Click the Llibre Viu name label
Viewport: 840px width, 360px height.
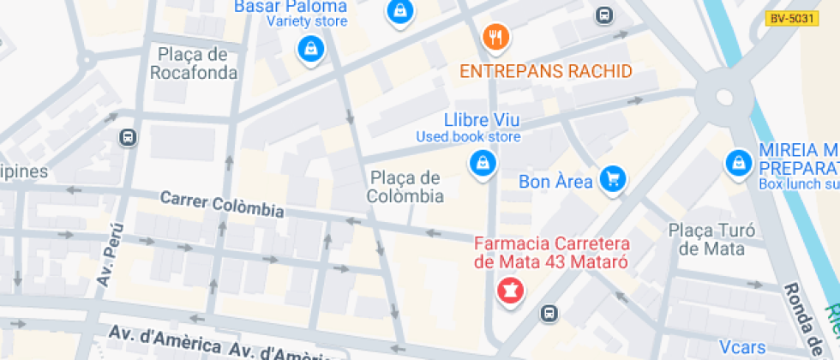tap(483, 119)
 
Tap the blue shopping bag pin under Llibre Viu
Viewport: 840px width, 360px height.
tap(483, 163)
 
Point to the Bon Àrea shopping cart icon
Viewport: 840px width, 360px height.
tap(612, 179)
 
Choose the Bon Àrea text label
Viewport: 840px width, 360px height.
tap(555, 183)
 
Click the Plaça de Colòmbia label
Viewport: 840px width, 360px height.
tap(406, 187)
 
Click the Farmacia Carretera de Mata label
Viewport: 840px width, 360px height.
tap(553, 253)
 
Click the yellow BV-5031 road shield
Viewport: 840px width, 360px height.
tap(792, 17)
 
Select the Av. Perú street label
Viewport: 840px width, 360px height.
tap(110, 255)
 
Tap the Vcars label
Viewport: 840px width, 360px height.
tap(742, 347)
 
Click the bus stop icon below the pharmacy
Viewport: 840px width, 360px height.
tap(549, 315)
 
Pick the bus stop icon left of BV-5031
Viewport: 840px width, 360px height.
tap(604, 15)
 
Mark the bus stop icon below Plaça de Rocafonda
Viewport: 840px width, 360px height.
tap(129, 137)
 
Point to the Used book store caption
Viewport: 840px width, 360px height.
tap(468, 137)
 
